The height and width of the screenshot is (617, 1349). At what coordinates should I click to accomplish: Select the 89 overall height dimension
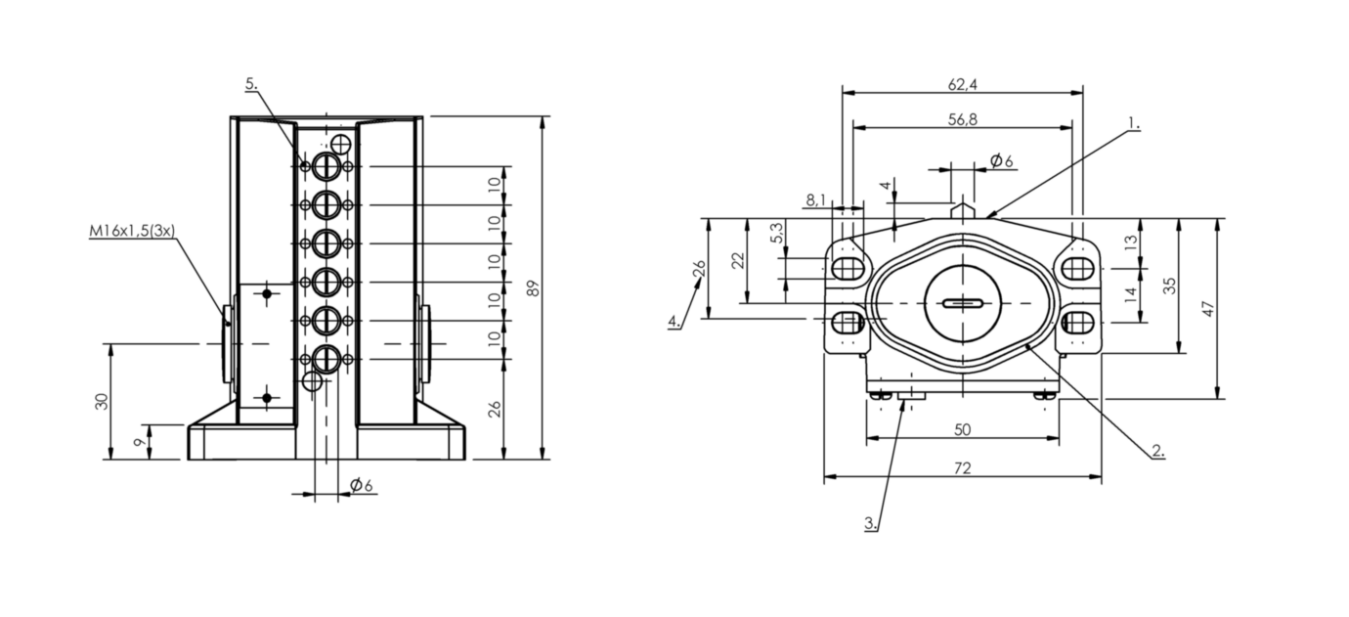pos(533,288)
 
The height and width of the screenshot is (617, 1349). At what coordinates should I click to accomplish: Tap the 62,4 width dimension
pos(962,85)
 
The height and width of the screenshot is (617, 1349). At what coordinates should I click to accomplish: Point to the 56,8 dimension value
pos(962,119)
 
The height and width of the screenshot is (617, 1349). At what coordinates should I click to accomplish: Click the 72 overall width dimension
pos(962,467)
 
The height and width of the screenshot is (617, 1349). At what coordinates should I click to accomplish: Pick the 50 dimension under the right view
pos(962,429)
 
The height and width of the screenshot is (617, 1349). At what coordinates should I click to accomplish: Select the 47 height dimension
pos(1208,309)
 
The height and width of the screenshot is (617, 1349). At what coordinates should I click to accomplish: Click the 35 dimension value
pos(1169,286)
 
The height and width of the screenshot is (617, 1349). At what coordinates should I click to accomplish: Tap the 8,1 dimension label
pos(816,199)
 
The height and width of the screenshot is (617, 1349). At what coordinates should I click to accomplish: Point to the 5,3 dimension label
pos(777,233)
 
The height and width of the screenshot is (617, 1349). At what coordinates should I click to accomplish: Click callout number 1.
pos(1133,123)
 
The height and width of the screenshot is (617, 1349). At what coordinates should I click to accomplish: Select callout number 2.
pos(1158,450)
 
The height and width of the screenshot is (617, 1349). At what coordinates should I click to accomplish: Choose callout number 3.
pos(871,523)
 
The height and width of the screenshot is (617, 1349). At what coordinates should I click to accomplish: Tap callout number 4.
pos(674,320)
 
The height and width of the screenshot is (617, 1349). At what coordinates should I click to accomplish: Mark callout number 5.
pos(251,83)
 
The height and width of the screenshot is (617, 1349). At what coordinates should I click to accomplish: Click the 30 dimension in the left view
pos(103,401)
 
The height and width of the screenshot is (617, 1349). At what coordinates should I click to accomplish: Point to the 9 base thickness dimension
pos(140,442)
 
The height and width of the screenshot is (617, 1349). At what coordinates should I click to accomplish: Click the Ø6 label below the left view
pos(362,485)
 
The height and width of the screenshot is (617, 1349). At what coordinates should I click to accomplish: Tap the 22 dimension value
pos(738,260)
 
